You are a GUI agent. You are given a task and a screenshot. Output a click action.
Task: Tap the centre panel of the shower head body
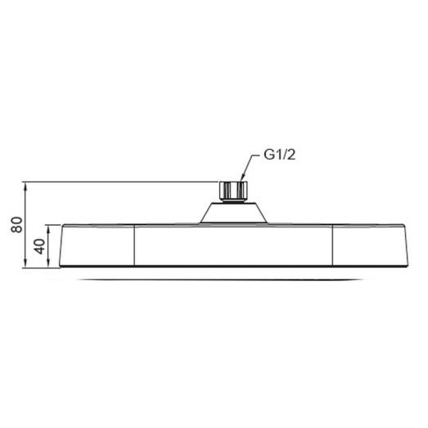[233, 246]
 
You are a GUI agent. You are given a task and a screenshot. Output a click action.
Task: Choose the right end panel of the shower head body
[368, 246]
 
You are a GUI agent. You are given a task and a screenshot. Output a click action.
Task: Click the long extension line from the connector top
[123, 182]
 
